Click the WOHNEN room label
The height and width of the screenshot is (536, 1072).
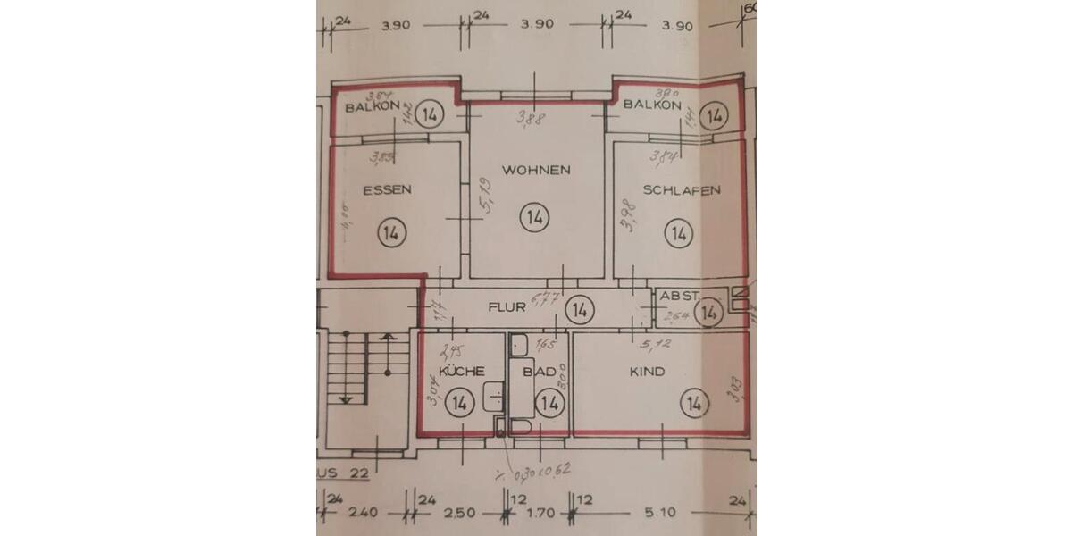pos(536,170)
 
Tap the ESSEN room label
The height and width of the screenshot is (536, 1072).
pos(387,189)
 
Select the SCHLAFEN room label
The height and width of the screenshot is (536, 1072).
pos(682,190)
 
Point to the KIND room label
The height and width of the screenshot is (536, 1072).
pos(647,372)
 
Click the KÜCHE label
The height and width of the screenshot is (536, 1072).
pos(462,371)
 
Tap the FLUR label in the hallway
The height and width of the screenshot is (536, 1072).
pos(507,307)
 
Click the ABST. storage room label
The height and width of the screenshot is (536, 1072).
pos(677,295)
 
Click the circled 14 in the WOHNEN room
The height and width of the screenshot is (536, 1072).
pos(534,217)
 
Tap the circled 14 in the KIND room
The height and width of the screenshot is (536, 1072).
pos(693,404)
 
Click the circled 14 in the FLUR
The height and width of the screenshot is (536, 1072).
pos(580,310)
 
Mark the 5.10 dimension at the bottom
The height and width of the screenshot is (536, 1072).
pos(662,513)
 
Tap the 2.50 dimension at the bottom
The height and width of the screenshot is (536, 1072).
pos(464,513)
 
